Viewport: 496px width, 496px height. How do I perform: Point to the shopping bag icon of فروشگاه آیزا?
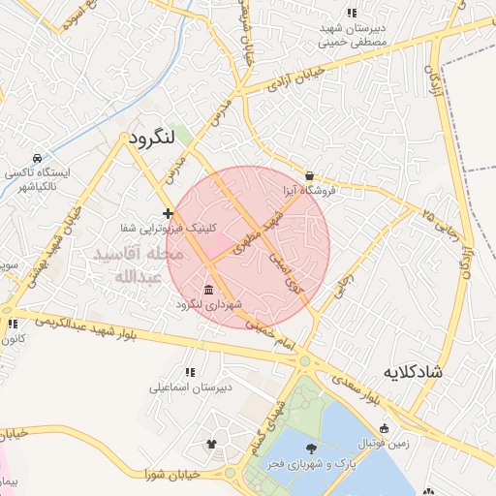click(309, 175)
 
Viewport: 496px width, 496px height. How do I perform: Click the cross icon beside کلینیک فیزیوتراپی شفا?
click(169, 213)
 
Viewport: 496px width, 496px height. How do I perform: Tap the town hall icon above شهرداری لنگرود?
click(208, 291)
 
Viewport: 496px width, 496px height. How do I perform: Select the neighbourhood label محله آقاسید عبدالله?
click(136, 264)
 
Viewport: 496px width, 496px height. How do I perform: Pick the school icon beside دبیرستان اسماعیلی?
click(190, 372)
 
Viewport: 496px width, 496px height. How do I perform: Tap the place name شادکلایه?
click(413, 372)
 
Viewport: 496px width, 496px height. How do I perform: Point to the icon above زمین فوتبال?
click(385, 428)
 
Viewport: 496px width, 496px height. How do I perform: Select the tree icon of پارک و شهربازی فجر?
click(311, 448)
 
